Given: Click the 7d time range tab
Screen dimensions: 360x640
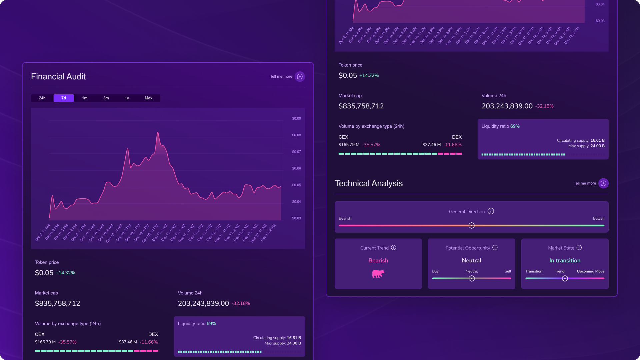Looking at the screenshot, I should (x=64, y=98).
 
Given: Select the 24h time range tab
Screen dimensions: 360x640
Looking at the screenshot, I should (x=42, y=98).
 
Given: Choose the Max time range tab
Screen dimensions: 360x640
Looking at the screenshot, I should (x=148, y=98).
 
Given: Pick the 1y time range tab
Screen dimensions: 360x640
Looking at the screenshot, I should (x=127, y=98).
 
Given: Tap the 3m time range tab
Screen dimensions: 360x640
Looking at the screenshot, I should (x=106, y=98).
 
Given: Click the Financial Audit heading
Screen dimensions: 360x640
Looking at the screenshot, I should (x=58, y=77).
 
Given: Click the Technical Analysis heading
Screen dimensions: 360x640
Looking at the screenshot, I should (x=369, y=183).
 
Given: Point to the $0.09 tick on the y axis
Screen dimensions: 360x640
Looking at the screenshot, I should (x=296, y=119).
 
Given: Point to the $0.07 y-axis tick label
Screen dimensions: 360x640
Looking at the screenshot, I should (x=296, y=152).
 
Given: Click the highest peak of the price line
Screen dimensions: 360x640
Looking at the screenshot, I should (x=158, y=133).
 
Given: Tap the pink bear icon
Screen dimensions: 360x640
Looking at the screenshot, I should (x=378, y=274).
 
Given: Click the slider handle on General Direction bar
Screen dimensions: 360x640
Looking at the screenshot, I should (x=471, y=226).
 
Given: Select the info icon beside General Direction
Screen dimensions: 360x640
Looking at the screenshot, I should (x=491, y=211).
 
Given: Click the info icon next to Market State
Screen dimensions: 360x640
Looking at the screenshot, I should (x=579, y=248).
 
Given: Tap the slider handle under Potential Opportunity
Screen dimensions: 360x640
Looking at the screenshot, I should (x=471, y=278).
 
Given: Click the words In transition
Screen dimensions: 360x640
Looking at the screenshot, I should (x=565, y=260).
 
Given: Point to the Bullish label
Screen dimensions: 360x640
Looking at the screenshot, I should (x=598, y=218).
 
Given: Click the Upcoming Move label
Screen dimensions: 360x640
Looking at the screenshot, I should (x=590, y=271).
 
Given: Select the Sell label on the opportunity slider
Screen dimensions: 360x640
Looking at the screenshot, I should (x=508, y=271).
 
